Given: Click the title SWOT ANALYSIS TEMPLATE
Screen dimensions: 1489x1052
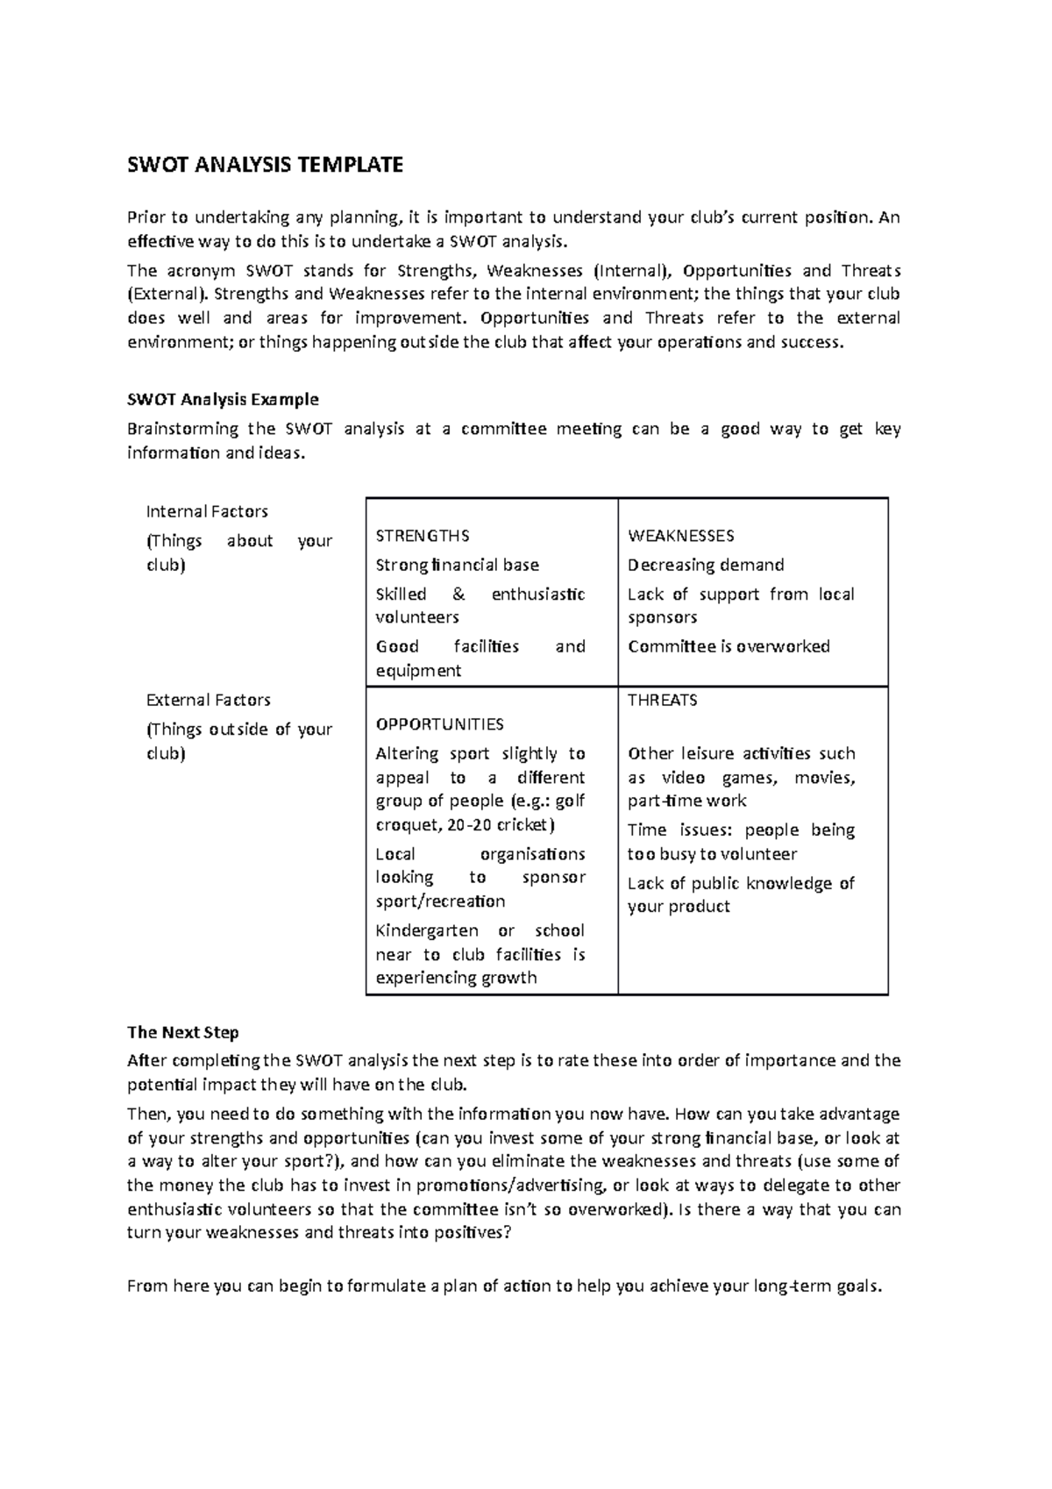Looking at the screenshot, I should (265, 165).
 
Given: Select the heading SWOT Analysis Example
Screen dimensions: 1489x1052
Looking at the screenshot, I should (223, 400).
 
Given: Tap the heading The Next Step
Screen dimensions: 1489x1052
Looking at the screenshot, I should (182, 1032).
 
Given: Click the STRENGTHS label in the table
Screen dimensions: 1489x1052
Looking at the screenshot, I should (423, 536).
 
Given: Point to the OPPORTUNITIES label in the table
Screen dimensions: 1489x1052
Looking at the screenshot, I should (439, 724).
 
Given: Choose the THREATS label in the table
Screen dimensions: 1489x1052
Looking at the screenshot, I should (663, 701).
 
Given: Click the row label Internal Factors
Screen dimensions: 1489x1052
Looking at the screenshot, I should (207, 511).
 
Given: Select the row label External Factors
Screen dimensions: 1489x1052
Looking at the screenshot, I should (208, 700).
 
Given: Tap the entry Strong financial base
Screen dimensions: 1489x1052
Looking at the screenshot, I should (457, 565).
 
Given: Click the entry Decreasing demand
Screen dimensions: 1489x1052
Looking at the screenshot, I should (706, 565).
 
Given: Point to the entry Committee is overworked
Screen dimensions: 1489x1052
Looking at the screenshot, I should (729, 646).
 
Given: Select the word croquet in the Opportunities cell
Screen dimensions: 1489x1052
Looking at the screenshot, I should (406, 825).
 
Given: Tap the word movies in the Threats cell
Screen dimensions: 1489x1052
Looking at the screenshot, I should (824, 778).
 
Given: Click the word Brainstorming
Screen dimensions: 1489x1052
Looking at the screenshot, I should (183, 429).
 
